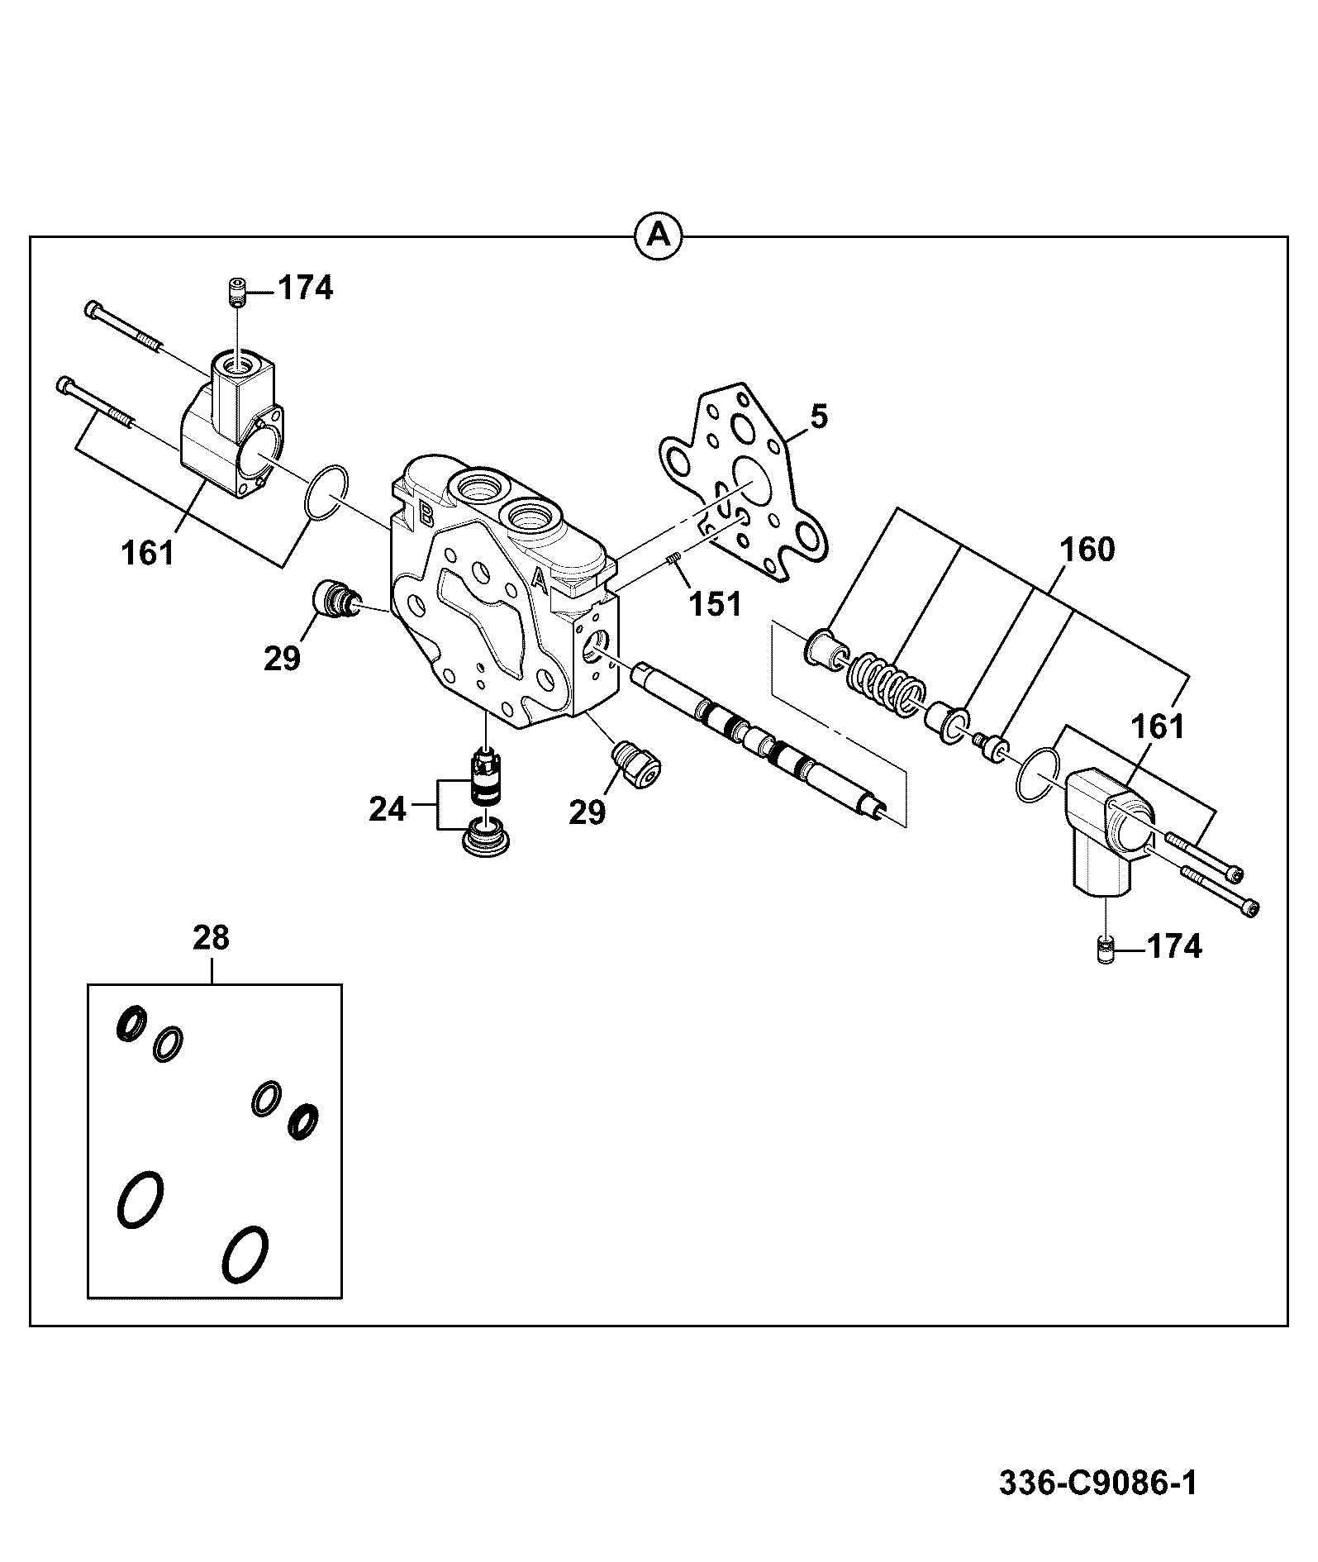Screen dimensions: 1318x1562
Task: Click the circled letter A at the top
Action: [658, 236]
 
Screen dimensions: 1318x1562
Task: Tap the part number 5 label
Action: [817, 417]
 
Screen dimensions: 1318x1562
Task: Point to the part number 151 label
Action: [716, 604]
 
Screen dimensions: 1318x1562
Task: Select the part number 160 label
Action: [1086, 550]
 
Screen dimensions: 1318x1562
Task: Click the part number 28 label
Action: [212, 938]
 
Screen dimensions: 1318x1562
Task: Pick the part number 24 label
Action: [388, 809]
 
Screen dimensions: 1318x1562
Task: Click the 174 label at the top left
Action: [305, 288]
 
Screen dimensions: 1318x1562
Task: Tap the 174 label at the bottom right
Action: [1173, 946]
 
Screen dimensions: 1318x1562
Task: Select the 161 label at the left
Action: [149, 553]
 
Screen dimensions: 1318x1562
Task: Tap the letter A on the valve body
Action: [540, 578]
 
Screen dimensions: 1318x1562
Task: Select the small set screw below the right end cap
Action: [1106, 950]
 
